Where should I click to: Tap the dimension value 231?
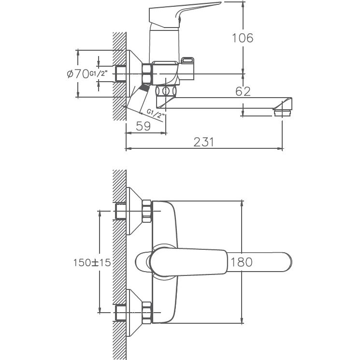(x=203, y=142)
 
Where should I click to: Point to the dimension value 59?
(x=144, y=127)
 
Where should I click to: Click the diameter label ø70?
(x=77, y=74)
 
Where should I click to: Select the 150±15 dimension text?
(x=92, y=262)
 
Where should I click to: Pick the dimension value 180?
(x=242, y=262)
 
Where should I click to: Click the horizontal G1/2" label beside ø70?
(x=101, y=74)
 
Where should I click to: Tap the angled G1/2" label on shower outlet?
(x=156, y=114)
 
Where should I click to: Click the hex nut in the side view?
(x=147, y=74)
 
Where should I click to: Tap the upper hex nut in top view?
(x=146, y=211)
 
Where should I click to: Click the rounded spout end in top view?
(x=283, y=262)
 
